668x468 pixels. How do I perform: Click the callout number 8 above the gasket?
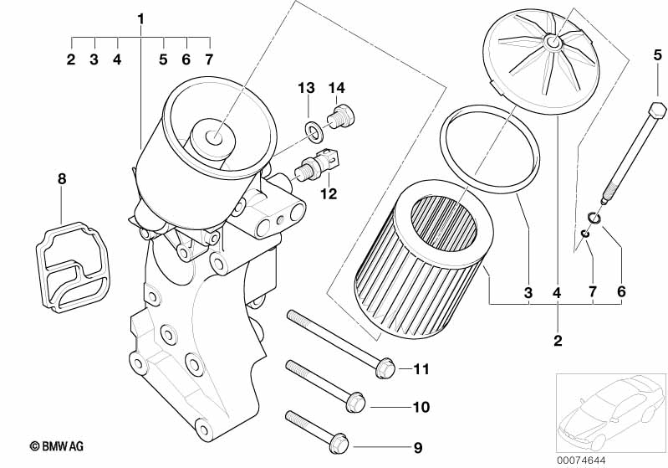click(62, 179)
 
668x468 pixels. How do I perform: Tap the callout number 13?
click(306, 88)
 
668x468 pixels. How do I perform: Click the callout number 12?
click(329, 194)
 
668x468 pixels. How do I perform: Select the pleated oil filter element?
click(421, 260)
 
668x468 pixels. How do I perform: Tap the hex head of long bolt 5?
click(656, 111)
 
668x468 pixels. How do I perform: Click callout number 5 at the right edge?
click(658, 54)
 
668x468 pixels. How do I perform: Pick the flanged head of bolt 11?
click(385, 369)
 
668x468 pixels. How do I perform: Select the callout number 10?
click(421, 407)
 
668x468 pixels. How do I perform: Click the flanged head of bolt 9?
click(339, 445)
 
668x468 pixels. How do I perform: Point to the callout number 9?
click(418, 448)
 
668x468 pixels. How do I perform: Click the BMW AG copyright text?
click(56, 447)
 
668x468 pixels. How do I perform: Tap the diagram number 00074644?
click(581, 460)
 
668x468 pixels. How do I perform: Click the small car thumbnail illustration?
click(610, 413)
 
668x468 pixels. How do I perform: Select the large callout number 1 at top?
click(141, 18)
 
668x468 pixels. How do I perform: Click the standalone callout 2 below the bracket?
click(558, 341)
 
